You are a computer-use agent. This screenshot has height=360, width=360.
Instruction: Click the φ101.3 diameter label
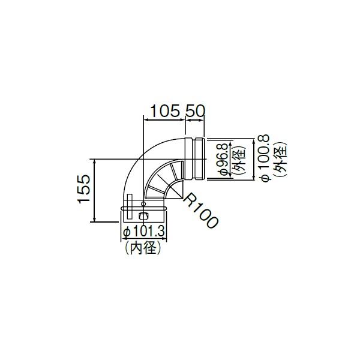coord(144,232)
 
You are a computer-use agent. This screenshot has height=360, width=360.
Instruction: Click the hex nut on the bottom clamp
coord(144,216)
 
